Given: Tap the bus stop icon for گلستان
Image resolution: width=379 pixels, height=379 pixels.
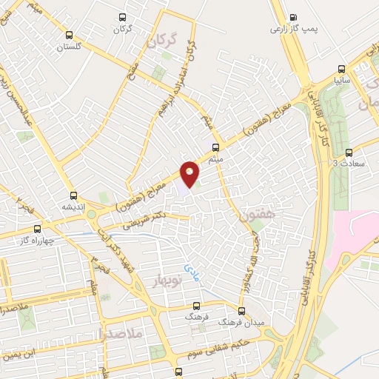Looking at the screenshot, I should pyautogui.click(x=69, y=35).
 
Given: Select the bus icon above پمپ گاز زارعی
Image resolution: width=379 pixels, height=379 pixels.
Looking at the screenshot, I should pyautogui.click(x=293, y=18).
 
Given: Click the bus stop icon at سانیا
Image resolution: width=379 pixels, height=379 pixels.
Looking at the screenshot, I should pyautogui.click(x=340, y=65).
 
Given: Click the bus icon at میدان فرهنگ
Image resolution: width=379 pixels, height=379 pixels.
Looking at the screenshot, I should pyautogui.click(x=241, y=311).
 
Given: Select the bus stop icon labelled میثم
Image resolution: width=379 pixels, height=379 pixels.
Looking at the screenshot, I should pyautogui.click(x=215, y=147).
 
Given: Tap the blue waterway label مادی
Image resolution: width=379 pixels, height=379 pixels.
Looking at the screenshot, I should pyautogui.click(x=192, y=272).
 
